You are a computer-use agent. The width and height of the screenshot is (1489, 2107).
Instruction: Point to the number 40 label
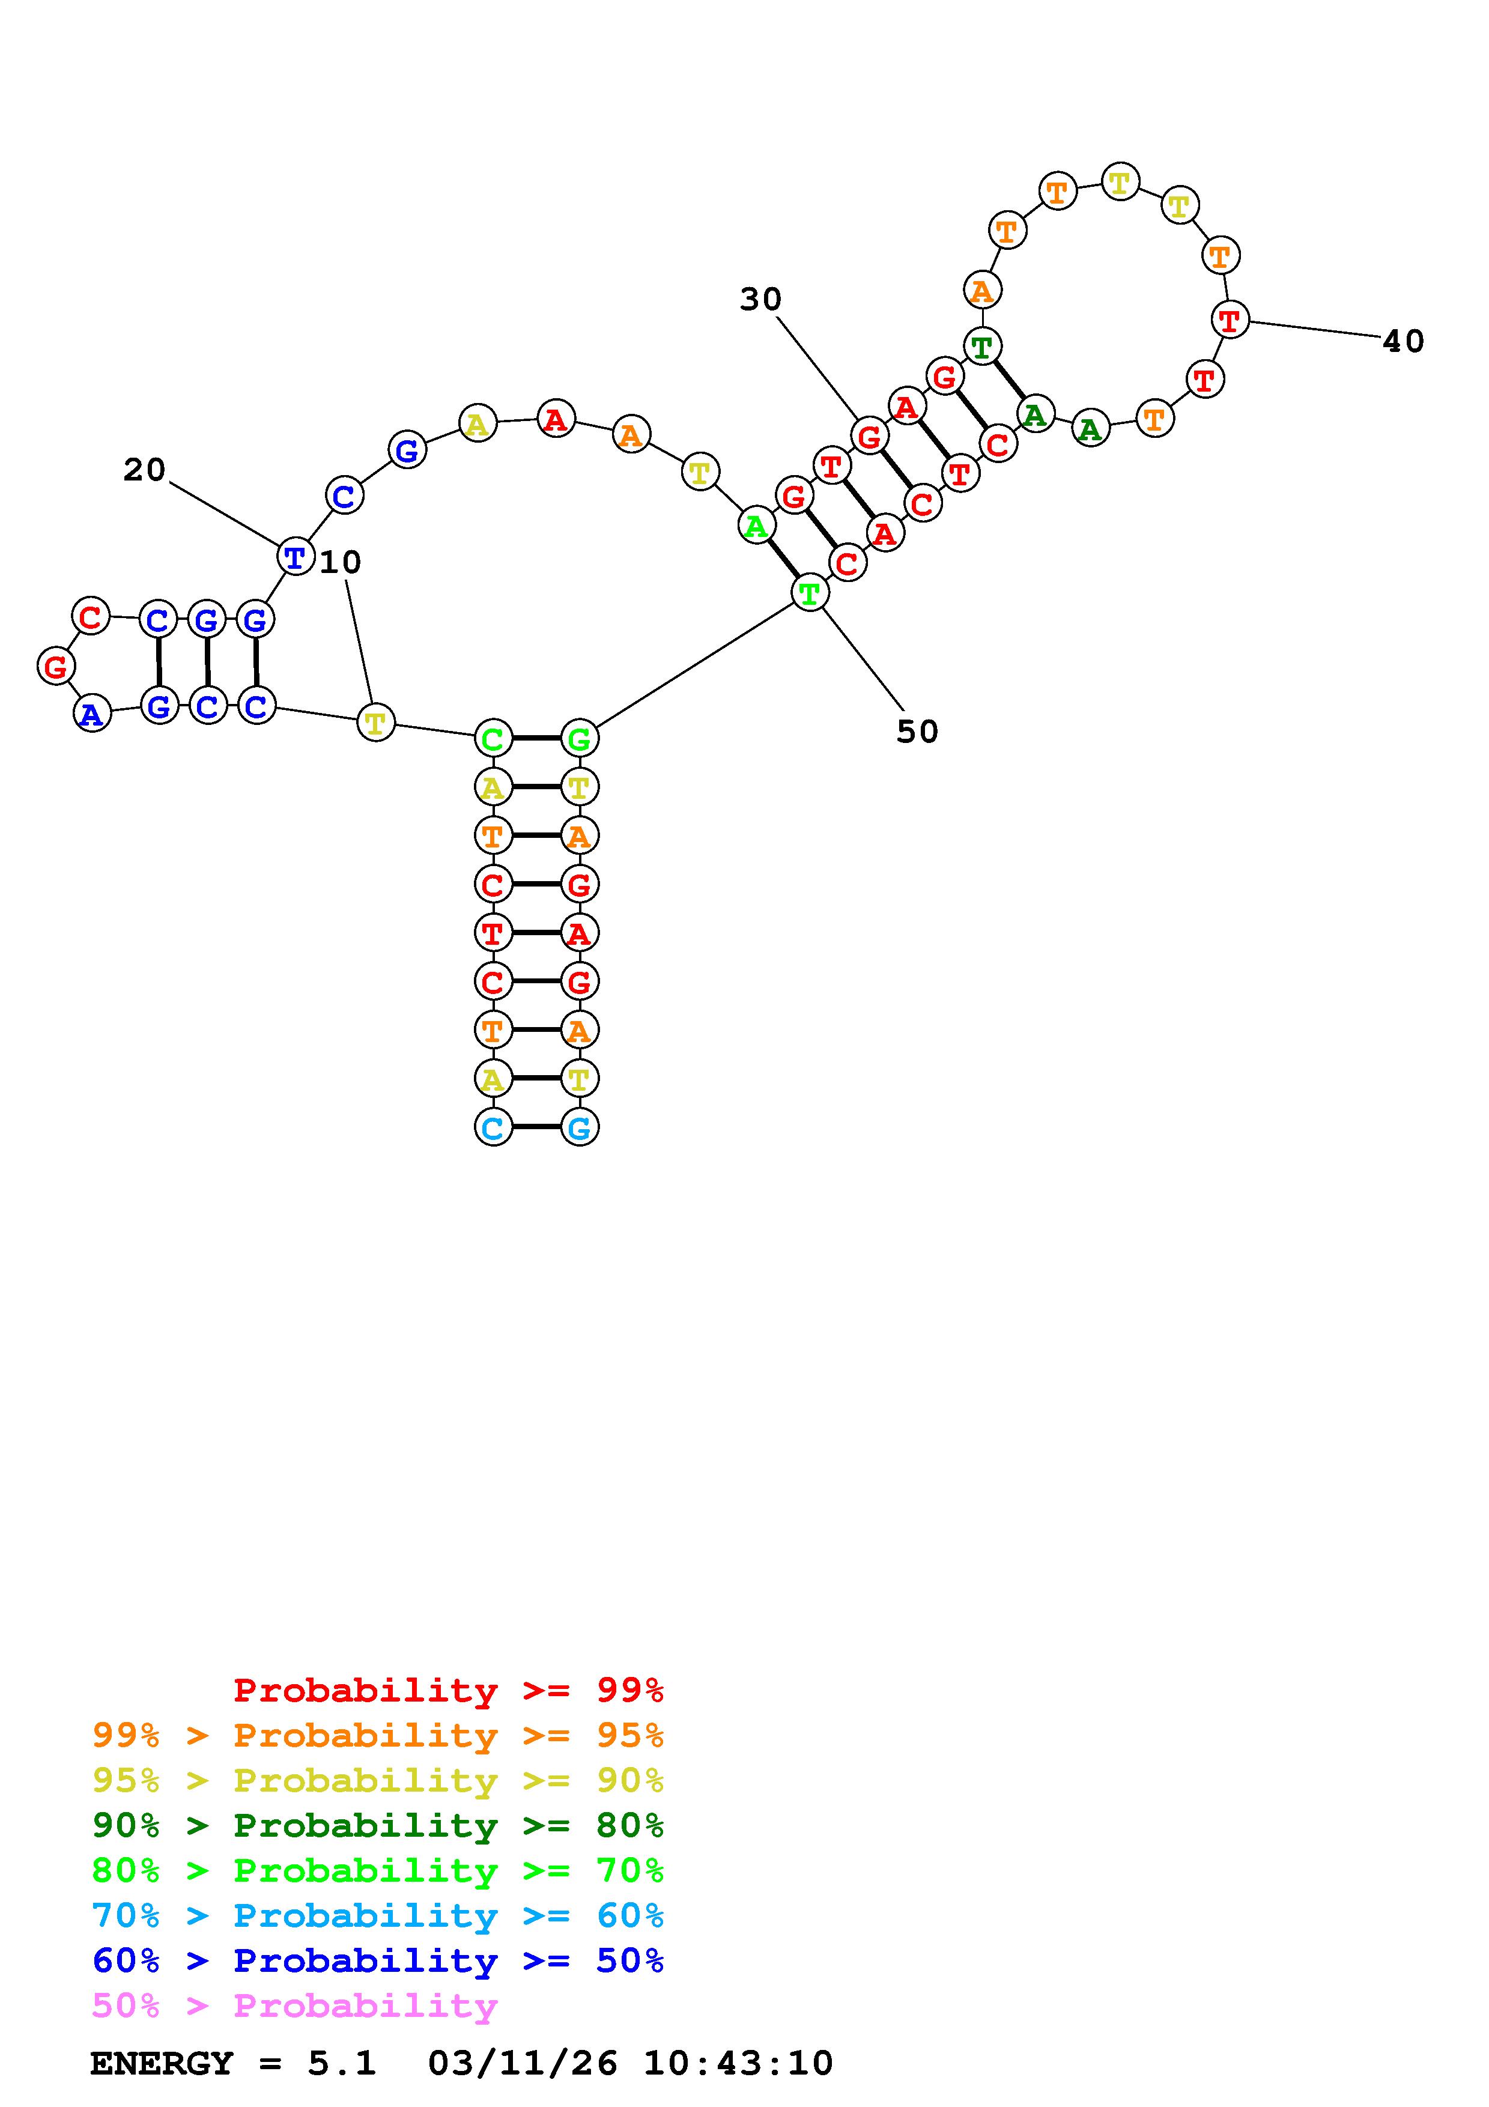(x=1403, y=341)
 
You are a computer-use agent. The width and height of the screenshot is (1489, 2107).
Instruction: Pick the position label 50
(x=917, y=732)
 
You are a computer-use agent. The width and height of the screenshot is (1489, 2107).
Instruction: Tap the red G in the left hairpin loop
(x=56, y=666)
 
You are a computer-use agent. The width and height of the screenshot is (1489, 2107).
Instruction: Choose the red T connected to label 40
(x=1230, y=320)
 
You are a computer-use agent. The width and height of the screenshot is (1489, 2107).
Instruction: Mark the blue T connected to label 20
(x=294, y=556)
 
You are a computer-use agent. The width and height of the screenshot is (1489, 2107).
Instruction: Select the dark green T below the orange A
(x=981, y=347)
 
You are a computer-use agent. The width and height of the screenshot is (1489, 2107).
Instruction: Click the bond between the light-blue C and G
(x=536, y=1127)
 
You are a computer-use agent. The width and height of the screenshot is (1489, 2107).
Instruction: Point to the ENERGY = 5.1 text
(x=233, y=2063)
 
